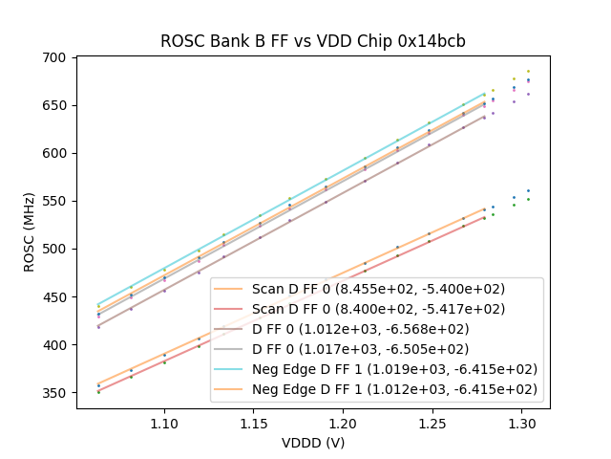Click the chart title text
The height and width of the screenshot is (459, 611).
click(312, 41)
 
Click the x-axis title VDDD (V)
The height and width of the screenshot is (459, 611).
click(312, 443)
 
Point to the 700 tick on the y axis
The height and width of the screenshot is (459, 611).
click(55, 57)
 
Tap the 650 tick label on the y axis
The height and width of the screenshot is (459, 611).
click(55, 105)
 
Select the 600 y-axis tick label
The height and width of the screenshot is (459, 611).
click(55, 153)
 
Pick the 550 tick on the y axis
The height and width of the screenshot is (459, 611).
click(55, 201)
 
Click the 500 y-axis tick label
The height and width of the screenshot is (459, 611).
click(55, 249)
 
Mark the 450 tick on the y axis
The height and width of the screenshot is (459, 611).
click(55, 296)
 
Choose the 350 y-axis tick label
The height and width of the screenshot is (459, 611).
click(55, 393)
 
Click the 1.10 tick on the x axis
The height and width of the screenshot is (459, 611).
click(164, 422)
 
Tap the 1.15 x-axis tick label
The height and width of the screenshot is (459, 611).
click(254, 422)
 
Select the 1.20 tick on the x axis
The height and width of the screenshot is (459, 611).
click(344, 422)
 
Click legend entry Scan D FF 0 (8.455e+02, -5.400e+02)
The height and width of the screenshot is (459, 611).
click(378, 289)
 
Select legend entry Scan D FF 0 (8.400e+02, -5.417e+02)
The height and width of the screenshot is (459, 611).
click(378, 309)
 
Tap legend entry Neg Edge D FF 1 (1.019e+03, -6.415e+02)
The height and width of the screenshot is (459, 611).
click(394, 369)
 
